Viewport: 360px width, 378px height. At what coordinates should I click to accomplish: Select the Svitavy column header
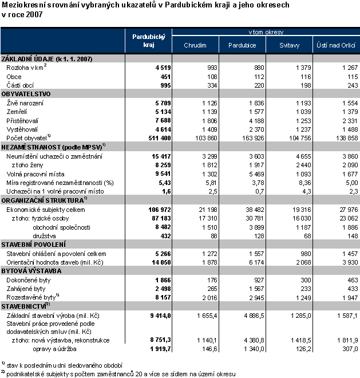pyautogui.click(x=288, y=45)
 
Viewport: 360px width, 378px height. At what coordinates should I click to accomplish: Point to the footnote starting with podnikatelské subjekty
pyautogui.click(x=121, y=373)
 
